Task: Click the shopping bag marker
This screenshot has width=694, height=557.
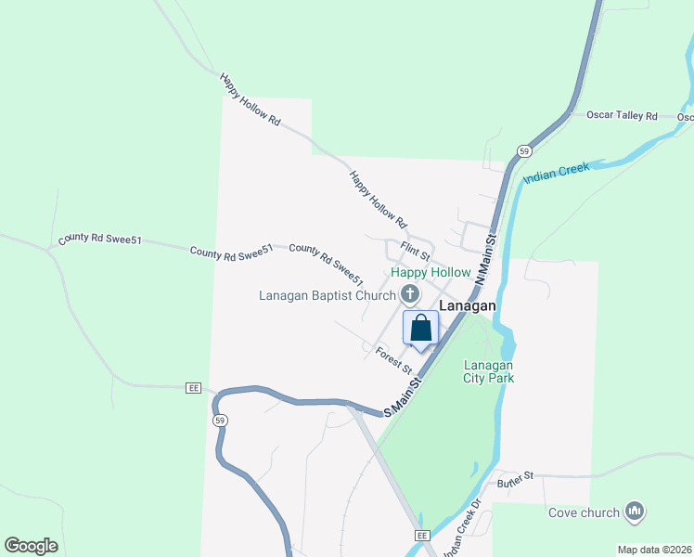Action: click(420, 328)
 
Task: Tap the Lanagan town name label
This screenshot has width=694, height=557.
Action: click(468, 304)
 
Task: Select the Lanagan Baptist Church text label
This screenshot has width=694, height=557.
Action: click(327, 296)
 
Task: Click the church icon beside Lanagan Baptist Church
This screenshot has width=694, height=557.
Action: click(410, 295)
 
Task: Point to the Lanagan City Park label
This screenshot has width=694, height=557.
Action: click(489, 371)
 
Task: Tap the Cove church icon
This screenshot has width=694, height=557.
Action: click(636, 511)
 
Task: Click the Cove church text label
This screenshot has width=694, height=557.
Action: click(583, 512)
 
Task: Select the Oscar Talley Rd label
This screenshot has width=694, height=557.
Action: click(622, 116)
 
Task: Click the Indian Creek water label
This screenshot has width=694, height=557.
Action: click(556, 173)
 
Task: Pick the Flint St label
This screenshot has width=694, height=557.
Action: click(416, 249)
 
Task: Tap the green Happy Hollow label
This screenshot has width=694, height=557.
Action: click(431, 273)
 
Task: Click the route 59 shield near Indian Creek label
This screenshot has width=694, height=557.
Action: click(524, 151)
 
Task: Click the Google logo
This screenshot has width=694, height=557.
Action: click(31, 546)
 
